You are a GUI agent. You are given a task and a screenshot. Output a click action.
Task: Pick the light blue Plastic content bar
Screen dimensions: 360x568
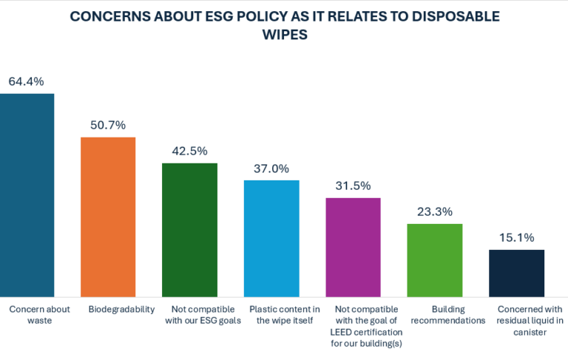[x=271, y=237]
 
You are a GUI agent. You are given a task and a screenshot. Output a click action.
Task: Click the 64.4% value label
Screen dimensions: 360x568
[x=27, y=81]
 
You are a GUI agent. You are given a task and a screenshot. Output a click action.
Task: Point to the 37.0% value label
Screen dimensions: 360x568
[x=271, y=168]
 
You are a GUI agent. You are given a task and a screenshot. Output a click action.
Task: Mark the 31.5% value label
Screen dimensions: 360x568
[x=353, y=186]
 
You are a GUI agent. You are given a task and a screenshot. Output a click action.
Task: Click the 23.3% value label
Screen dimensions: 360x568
[x=435, y=211]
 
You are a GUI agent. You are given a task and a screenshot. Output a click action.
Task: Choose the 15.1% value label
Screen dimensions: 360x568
[x=516, y=237]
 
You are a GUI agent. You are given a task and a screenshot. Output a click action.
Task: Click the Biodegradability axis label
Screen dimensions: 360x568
[x=108, y=309]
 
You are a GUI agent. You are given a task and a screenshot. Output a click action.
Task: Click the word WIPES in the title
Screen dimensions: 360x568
[x=283, y=35]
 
